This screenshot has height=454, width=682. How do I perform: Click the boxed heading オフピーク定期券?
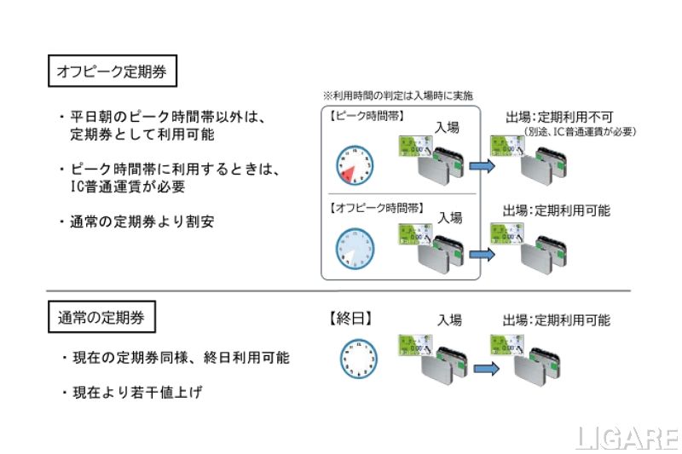112,72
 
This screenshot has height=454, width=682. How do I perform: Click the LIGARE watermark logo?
627,439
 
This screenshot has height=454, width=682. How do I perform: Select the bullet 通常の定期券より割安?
137,222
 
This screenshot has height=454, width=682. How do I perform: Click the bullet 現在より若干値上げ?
136,394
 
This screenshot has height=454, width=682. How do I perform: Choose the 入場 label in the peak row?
447,128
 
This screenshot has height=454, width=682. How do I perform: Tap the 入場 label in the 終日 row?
449,320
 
